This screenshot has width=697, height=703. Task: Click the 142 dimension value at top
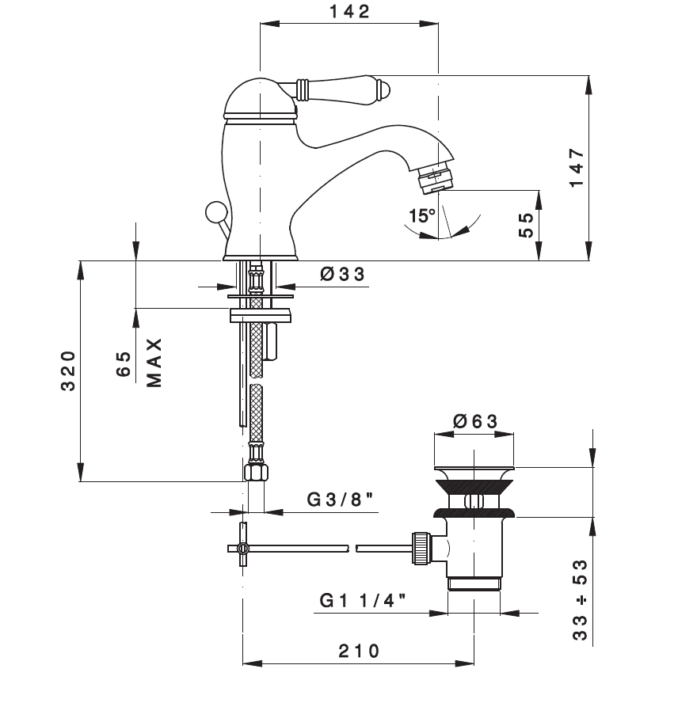[x=349, y=12]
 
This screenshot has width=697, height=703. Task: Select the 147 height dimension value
[x=577, y=168]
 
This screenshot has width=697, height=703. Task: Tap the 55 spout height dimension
[x=526, y=225]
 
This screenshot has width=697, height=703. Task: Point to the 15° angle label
[x=422, y=215]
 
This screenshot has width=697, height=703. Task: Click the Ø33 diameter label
[x=343, y=274]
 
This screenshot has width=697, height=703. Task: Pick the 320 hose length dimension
[x=68, y=371]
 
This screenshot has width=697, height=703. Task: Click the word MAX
[x=154, y=363]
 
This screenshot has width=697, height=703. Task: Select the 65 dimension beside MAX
[x=124, y=364]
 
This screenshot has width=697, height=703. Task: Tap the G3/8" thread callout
[x=340, y=499]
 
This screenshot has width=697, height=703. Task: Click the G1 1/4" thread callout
[x=363, y=600]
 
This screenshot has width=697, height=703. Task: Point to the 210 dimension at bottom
[x=359, y=651]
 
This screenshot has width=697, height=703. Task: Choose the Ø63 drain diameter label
[x=475, y=421]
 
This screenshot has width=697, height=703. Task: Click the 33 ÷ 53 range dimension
[x=580, y=600]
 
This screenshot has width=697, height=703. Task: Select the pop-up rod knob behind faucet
[x=214, y=211]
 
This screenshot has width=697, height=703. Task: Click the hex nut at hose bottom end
[x=256, y=473]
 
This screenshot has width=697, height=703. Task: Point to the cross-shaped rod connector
[x=242, y=548]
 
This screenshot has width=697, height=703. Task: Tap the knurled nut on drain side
[x=421, y=547]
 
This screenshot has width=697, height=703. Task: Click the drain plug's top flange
[x=474, y=471]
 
